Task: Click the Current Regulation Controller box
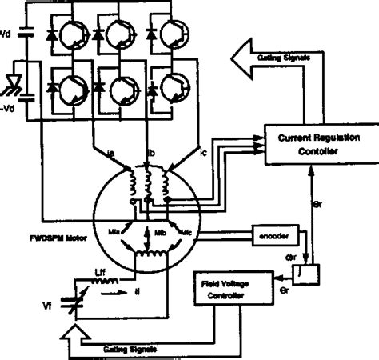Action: tap(312, 145)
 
